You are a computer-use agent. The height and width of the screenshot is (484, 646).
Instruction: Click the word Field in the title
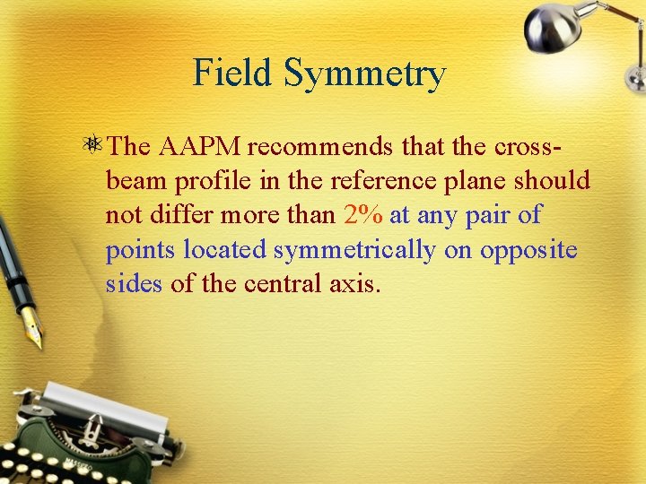233,73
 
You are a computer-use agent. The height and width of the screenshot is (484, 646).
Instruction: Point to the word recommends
320,145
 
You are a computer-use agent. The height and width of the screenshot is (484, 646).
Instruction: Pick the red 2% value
362,215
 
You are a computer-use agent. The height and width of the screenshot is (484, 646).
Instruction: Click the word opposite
528,250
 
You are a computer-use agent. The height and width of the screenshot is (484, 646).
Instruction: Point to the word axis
358,285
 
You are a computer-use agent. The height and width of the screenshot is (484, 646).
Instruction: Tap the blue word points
141,250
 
